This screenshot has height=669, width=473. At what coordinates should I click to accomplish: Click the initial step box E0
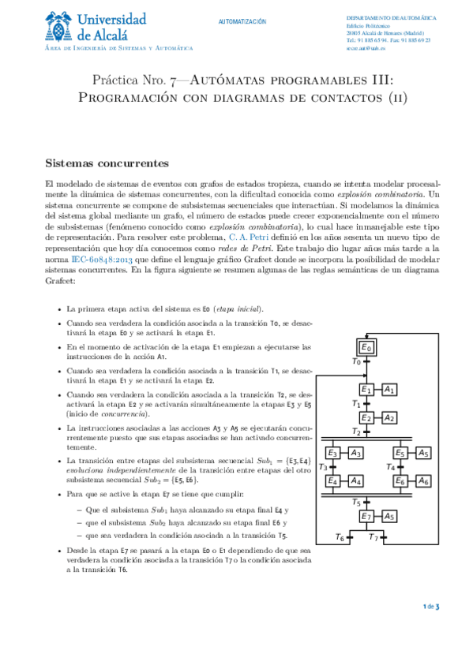click(x=366, y=347)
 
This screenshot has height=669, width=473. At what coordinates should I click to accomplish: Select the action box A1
click(x=389, y=390)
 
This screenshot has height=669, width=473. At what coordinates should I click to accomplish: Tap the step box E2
click(x=366, y=417)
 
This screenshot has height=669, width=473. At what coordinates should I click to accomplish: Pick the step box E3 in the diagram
click(x=332, y=453)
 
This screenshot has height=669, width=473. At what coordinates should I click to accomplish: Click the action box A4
click(x=356, y=480)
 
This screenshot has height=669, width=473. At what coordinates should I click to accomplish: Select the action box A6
click(x=423, y=480)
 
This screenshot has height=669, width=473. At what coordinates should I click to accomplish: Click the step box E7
click(x=366, y=516)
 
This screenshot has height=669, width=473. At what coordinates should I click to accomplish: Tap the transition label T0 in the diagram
click(x=355, y=362)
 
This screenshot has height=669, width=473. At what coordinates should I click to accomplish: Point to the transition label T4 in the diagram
click(x=389, y=467)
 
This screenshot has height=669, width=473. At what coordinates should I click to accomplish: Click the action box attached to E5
click(x=423, y=453)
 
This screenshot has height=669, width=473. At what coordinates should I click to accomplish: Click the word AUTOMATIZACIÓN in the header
click(x=242, y=21)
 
